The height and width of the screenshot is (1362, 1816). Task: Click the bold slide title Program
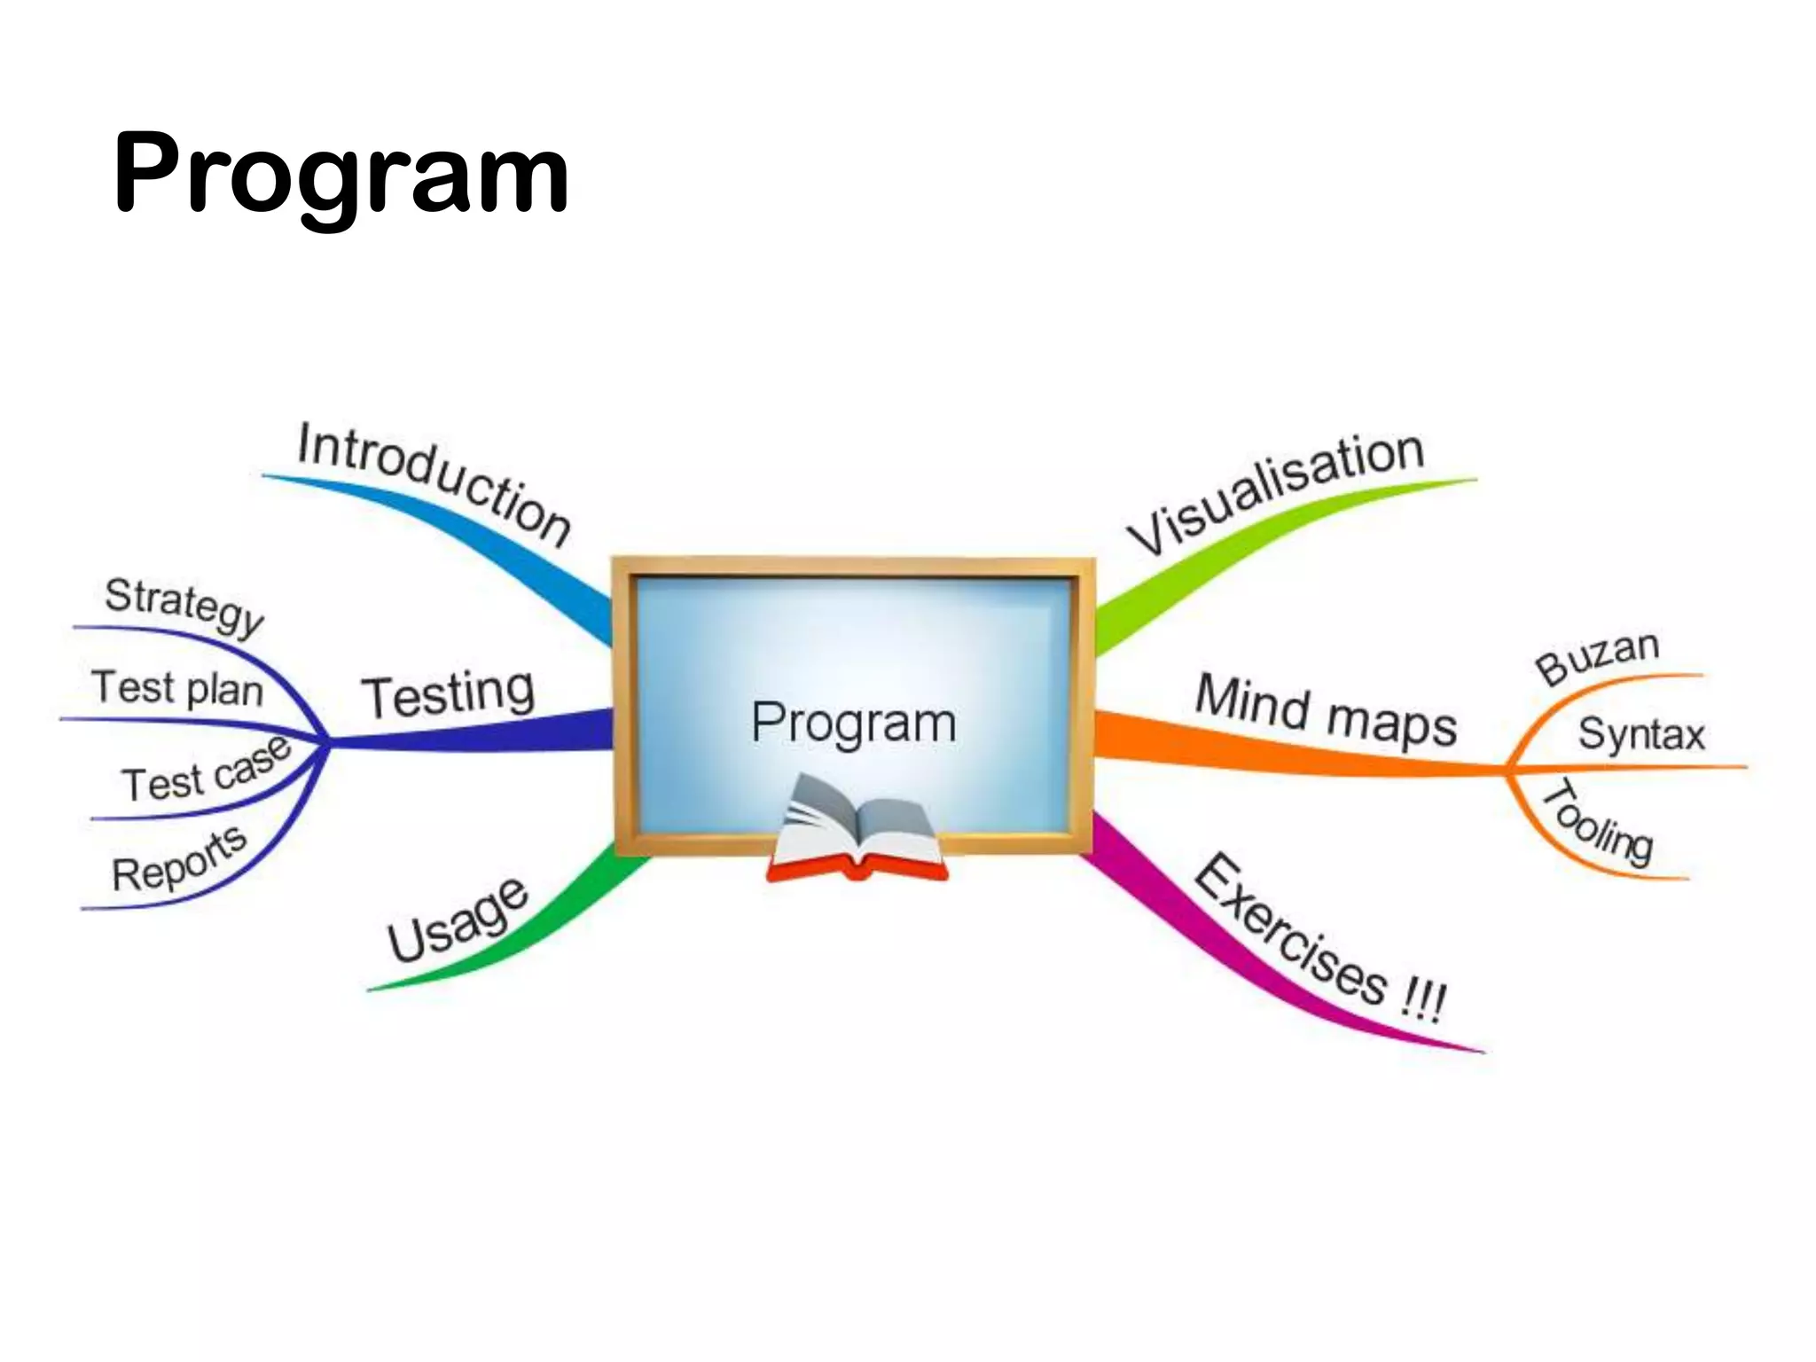click(x=341, y=173)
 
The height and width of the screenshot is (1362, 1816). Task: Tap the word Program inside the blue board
click(x=853, y=723)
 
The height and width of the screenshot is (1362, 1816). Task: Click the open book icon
click(x=856, y=829)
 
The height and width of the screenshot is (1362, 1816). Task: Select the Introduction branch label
click(x=434, y=483)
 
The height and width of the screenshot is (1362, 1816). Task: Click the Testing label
click(x=448, y=694)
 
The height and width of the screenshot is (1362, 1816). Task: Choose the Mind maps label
click(x=1326, y=712)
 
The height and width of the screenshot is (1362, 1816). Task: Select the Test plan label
click(x=177, y=688)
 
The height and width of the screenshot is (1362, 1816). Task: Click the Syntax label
click(x=1641, y=734)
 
